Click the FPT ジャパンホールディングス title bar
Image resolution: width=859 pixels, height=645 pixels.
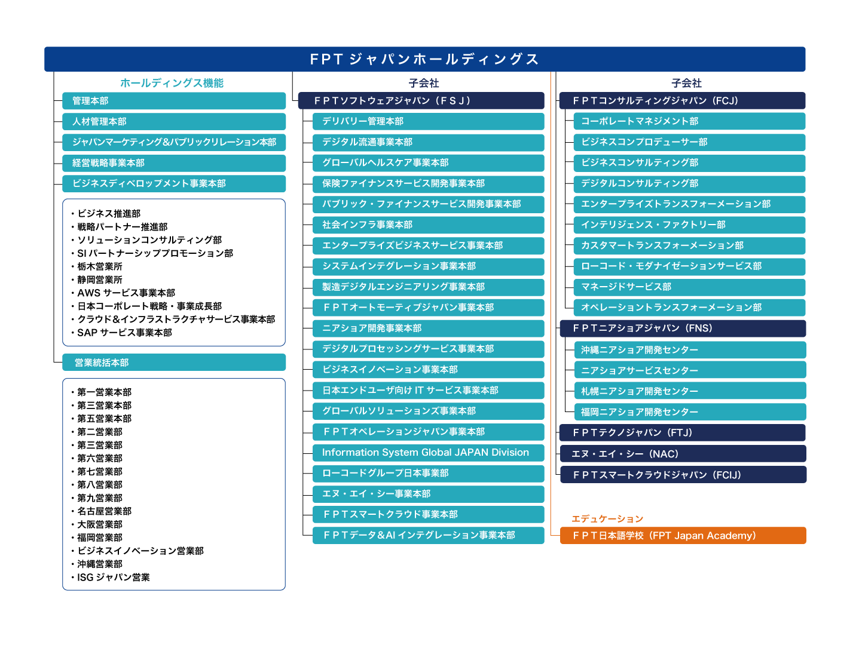pyautogui.click(x=424, y=59)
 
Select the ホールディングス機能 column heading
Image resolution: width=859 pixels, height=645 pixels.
pyautogui.click(x=172, y=83)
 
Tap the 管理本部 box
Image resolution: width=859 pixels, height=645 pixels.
pyautogui.click(x=174, y=101)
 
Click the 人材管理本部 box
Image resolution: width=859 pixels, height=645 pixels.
pyautogui.click(x=174, y=122)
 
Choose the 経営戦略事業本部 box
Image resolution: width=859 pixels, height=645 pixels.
pyautogui.click(x=174, y=163)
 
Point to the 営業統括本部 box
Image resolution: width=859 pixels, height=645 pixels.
pyautogui.click(x=174, y=363)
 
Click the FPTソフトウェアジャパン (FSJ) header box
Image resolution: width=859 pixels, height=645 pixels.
pyautogui.click(x=421, y=101)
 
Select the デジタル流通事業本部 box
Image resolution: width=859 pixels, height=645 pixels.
pyautogui.click(x=428, y=142)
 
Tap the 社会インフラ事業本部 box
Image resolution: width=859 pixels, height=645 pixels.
pyautogui.click(x=428, y=225)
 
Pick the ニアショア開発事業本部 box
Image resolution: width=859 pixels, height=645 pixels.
pyautogui.click(x=428, y=328)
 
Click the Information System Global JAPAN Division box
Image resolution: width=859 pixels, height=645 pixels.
pyautogui.click(x=428, y=453)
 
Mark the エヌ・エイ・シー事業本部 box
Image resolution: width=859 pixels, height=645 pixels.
pyautogui.click(x=428, y=494)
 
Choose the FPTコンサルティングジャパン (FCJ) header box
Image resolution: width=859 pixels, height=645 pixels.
pyautogui.click(x=682, y=101)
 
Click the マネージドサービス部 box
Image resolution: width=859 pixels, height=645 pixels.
pyautogui.click(x=689, y=287)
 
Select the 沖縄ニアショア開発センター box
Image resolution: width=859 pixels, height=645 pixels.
pyautogui.click(x=690, y=350)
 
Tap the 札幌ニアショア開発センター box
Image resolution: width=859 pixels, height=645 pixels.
pyautogui.click(x=690, y=391)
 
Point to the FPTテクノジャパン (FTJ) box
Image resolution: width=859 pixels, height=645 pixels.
pyautogui.click(x=682, y=433)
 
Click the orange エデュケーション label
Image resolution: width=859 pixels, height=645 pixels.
pyautogui.click(x=607, y=519)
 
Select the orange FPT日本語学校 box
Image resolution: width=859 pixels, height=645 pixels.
pyautogui.click(x=683, y=536)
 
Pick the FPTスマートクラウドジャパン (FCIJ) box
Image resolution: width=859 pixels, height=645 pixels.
pyautogui.click(x=682, y=475)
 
